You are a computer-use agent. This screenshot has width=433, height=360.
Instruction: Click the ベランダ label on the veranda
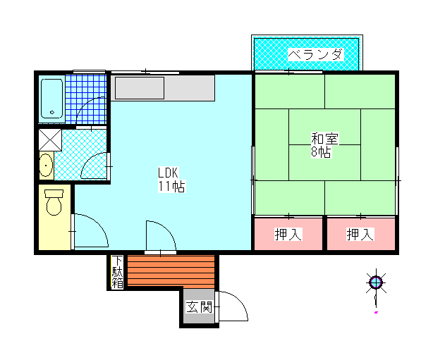pos(316,55)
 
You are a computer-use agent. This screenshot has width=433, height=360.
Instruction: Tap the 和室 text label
pos(324,139)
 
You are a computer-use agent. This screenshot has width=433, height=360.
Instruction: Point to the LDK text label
pos(169,173)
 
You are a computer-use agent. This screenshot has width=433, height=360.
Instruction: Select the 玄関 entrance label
pos(199,306)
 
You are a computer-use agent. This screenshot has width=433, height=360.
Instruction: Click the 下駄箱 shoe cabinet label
pos(117,272)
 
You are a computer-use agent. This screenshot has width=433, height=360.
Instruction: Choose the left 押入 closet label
pos(288,234)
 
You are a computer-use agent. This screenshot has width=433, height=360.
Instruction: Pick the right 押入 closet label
pos(360,234)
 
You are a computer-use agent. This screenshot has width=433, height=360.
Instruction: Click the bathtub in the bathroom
pos(51,99)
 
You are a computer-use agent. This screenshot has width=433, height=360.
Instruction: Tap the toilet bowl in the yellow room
pos(54,202)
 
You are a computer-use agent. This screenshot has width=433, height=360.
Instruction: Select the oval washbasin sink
pos(46,166)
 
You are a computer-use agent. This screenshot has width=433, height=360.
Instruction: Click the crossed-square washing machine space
pos(50,140)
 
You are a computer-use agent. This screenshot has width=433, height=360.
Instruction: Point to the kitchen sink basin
pos(140,88)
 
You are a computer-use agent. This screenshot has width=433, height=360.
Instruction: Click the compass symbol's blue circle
pos(376,283)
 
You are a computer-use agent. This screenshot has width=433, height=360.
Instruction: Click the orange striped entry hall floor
pos(171,271)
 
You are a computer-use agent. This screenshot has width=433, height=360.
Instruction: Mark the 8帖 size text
pos(321,152)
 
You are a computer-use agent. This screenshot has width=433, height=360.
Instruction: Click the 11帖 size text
pos(171,186)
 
